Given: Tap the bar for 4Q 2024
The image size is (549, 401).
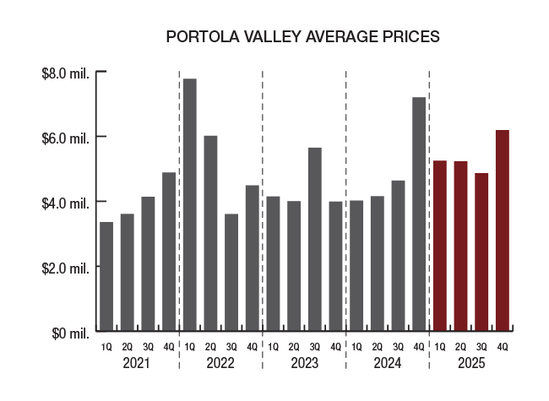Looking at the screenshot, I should pos(419,214).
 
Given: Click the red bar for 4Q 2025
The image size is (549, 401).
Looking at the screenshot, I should pos(503,230).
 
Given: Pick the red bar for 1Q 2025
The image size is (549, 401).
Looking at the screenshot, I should pos(440,246).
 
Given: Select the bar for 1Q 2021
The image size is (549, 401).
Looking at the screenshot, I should pos(106,276).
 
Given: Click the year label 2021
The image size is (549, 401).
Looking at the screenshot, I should pos(137,363).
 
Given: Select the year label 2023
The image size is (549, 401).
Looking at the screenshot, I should pos(304,363).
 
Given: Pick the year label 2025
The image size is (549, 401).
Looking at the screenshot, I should pos(470,363).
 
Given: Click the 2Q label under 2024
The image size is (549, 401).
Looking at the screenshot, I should pos(378,347).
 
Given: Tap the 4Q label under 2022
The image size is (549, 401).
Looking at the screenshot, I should pos(253,347).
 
